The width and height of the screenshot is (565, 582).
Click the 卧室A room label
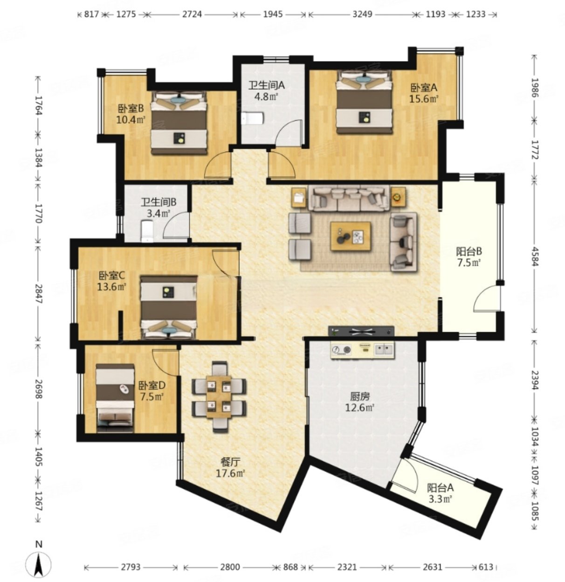424,88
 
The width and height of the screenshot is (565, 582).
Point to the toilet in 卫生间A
253,118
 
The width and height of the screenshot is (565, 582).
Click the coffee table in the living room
351,236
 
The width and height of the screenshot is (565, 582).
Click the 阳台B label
469,252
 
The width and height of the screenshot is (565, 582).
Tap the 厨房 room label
360,396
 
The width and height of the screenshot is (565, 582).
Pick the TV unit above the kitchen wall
361,331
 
